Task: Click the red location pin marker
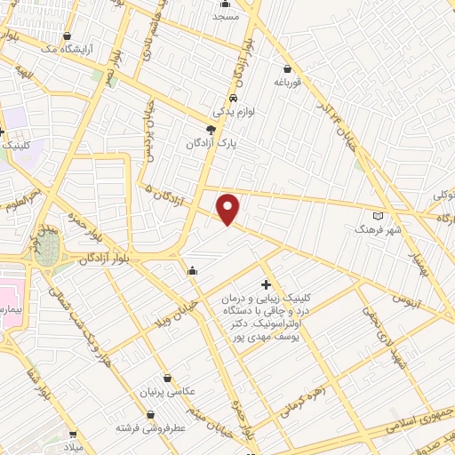click(229, 209)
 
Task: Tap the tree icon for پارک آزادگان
click(211, 130)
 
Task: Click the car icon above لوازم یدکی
click(232, 98)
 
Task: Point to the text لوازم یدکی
click(232, 112)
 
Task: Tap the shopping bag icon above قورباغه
click(287, 68)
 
